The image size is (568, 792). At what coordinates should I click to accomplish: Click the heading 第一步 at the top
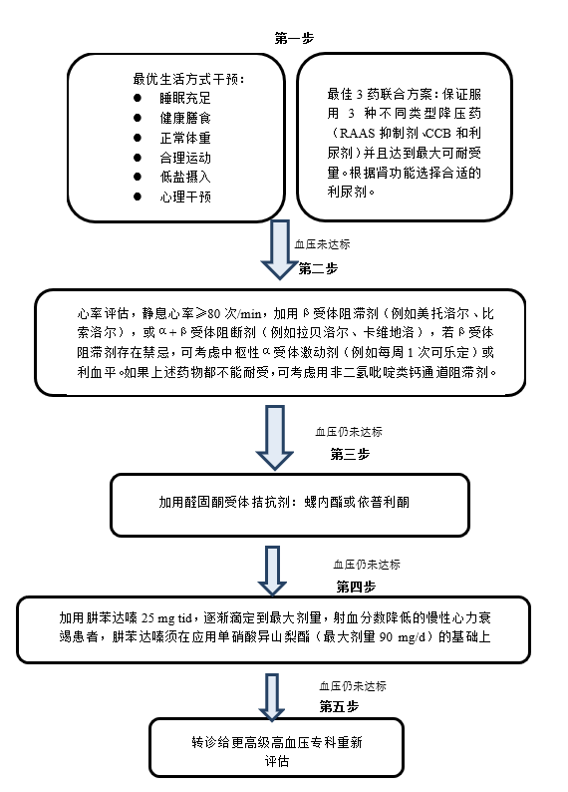(294, 38)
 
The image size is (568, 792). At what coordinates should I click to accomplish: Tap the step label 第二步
(318, 268)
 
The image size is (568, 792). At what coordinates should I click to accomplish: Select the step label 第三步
(350, 454)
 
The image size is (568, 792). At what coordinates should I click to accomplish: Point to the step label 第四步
(356, 587)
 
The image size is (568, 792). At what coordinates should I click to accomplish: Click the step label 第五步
(339, 706)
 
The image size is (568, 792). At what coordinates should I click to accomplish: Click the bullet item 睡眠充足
(185, 98)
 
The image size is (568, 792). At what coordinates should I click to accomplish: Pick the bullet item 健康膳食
(185, 118)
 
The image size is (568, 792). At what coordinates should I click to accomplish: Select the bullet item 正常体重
(185, 138)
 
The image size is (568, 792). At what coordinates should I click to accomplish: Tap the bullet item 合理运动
(185, 158)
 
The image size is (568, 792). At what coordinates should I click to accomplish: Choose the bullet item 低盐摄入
(185, 177)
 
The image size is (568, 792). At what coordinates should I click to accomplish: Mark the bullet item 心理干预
(185, 197)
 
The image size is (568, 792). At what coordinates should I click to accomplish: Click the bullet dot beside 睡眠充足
(138, 98)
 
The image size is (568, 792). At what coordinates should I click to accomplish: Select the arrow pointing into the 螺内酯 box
(275, 438)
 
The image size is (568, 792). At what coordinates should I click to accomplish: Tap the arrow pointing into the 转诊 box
(272, 696)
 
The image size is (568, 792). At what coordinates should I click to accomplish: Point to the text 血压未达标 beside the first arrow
(322, 244)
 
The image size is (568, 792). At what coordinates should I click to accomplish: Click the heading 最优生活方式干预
(188, 80)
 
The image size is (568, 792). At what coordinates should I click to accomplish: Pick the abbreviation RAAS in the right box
(357, 134)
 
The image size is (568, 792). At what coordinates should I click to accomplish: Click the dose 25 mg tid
(167, 618)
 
